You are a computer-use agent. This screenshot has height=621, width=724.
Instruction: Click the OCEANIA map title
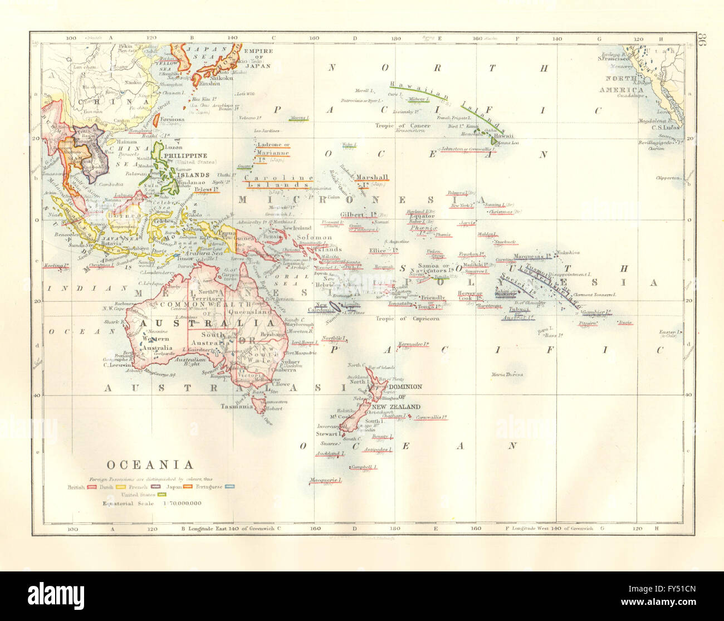tap(150, 465)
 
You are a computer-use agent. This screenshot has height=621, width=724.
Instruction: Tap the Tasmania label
tap(237, 407)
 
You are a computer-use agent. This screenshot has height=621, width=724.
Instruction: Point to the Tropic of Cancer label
tap(410, 125)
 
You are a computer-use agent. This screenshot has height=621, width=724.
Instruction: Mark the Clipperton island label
tap(668, 178)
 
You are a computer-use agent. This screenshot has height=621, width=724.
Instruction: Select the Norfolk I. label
tap(334, 338)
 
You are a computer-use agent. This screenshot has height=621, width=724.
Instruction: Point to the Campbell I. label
tap(364, 467)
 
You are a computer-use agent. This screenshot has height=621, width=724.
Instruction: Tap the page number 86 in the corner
tap(701, 42)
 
